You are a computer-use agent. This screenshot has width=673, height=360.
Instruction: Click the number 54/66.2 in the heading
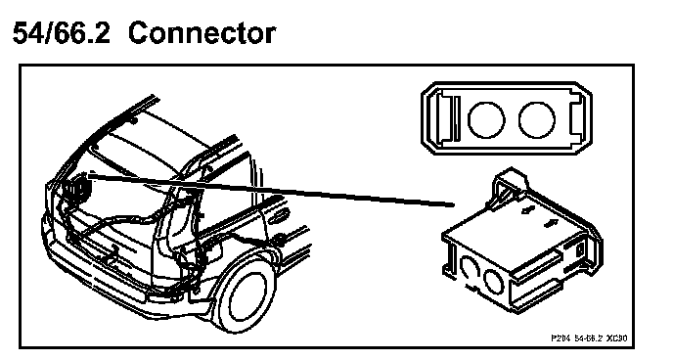pyautogui.click(x=62, y=33)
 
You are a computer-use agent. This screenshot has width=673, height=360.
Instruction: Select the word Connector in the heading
pyautogui.click(x=202, y=33)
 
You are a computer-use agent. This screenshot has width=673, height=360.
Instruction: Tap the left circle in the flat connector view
pyautogui.click(x=486, y=119)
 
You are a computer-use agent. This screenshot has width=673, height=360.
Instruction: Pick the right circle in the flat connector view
pyautogui.click(x=536, y=119)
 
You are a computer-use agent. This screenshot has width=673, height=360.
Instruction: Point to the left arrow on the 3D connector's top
pyautogui.click(x=528, y=209)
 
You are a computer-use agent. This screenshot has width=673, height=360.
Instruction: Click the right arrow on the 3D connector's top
pyautogui.click(x=549, y=224)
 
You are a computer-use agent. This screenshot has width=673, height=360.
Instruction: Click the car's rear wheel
pyautogui.click(x=247, y=295)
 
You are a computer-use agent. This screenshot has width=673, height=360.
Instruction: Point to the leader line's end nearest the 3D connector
pyautogui.click(x=454, y=205)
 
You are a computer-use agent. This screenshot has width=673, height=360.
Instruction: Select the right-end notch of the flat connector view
pyautogui.click(x=577, y=118)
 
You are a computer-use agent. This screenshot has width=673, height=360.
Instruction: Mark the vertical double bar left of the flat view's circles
pyautogui.click(x=457, y=118)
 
